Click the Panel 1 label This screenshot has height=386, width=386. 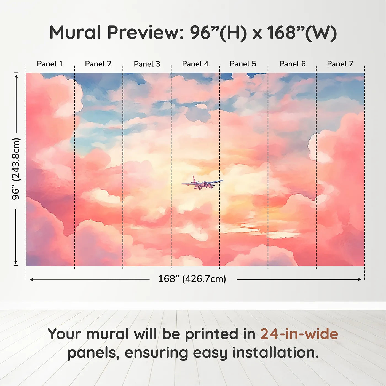pos(50,64)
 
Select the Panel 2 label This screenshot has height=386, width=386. pos(98,64)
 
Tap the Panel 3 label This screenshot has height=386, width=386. pos(147,64)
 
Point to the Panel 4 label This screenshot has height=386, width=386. pos(195,64)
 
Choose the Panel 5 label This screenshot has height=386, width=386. pos(243,64)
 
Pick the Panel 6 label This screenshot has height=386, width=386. pos(293,64)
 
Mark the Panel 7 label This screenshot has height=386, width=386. pos(340,64)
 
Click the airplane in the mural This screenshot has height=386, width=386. pos(202,183)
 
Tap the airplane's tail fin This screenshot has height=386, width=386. pos(194,179)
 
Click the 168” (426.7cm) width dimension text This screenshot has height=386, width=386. pos(192,279)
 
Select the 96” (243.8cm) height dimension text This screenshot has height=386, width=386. pos(16,169)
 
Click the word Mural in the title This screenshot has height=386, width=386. pos(75,32)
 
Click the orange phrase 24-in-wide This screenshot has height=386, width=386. pos(299,334)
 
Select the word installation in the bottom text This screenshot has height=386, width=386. pos(275,353)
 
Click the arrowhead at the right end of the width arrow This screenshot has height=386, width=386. pos(360,279)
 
